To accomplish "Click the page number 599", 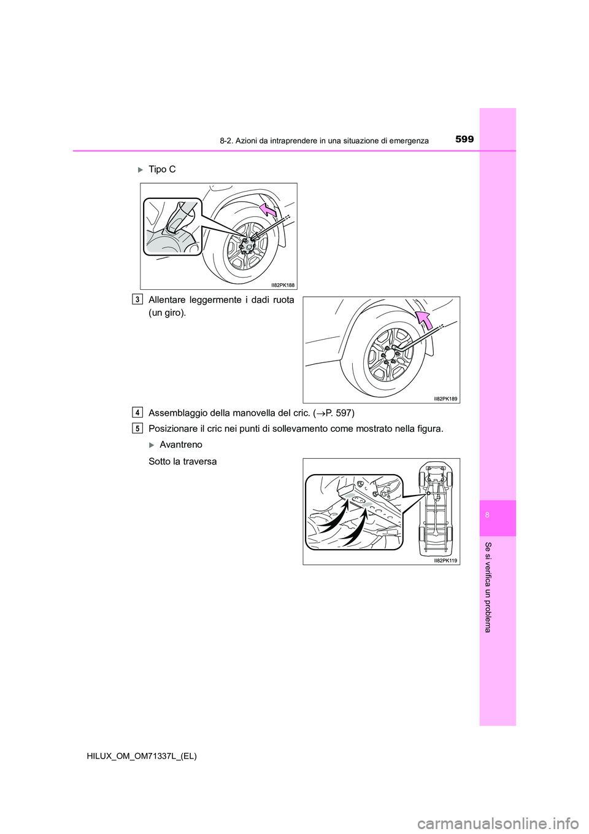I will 464,139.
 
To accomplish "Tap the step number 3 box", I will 137,300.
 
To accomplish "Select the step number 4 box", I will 137,412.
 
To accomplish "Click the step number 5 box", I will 137,428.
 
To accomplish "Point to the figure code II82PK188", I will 283,285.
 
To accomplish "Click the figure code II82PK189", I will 445,399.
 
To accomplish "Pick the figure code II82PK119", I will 445,561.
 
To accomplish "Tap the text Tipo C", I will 162,170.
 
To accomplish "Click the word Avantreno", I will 180,445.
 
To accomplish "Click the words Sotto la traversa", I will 183,461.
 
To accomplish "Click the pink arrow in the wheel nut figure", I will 423,319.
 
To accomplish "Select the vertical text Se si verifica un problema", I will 488,587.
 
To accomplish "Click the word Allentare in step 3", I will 170,300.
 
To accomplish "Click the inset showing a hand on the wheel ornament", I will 172,226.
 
